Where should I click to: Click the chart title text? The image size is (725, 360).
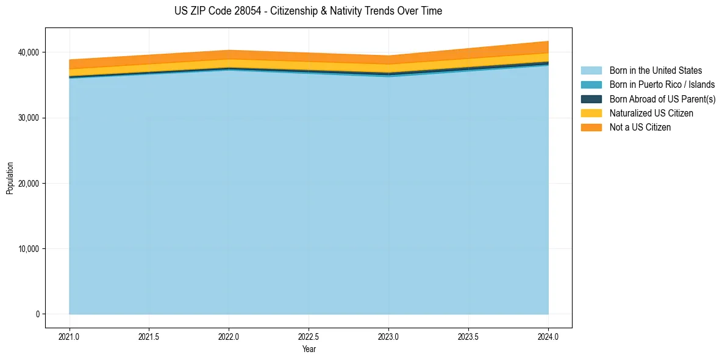pyautogui.click(x=308, y=11)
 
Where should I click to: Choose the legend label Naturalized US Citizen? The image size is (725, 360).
pyautogui.click(x=651, y=113)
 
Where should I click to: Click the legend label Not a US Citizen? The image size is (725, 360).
pyautogui.click(x=640, y=127)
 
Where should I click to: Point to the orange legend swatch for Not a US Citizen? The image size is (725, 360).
pyautogui.click(x=591, y=127)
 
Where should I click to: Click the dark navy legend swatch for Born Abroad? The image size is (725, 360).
pyautogui.click(x=591, y=99)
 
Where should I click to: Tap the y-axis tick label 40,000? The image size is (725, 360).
pyautogui.click(x=29, y=52)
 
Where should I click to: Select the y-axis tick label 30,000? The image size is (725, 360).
pyautogui.click(x=29, y=118)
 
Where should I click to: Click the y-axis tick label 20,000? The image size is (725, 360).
pyautogui.click(x=29, y=184)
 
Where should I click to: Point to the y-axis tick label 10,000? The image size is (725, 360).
pyautogui.click(x=29, y=249)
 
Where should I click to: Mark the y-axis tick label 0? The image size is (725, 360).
pyautogui.click(x=37, y=314)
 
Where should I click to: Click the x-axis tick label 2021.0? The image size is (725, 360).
pyautogui.click(x=70, y=336)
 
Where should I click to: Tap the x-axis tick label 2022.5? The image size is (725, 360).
pyautogui.click(x=309, y=336)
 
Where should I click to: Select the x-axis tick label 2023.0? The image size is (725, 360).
pyautogui.click(x=388, y=336)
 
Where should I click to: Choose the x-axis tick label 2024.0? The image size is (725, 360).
pyautogui.click(x=548, y=336)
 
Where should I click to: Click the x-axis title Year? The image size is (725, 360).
pyautogui.click(x=309, y=349)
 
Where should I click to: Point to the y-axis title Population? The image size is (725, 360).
pyautogui.click(x=10, y=178)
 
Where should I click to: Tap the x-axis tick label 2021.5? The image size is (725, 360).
pyautogui.click(x=149, y=336)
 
